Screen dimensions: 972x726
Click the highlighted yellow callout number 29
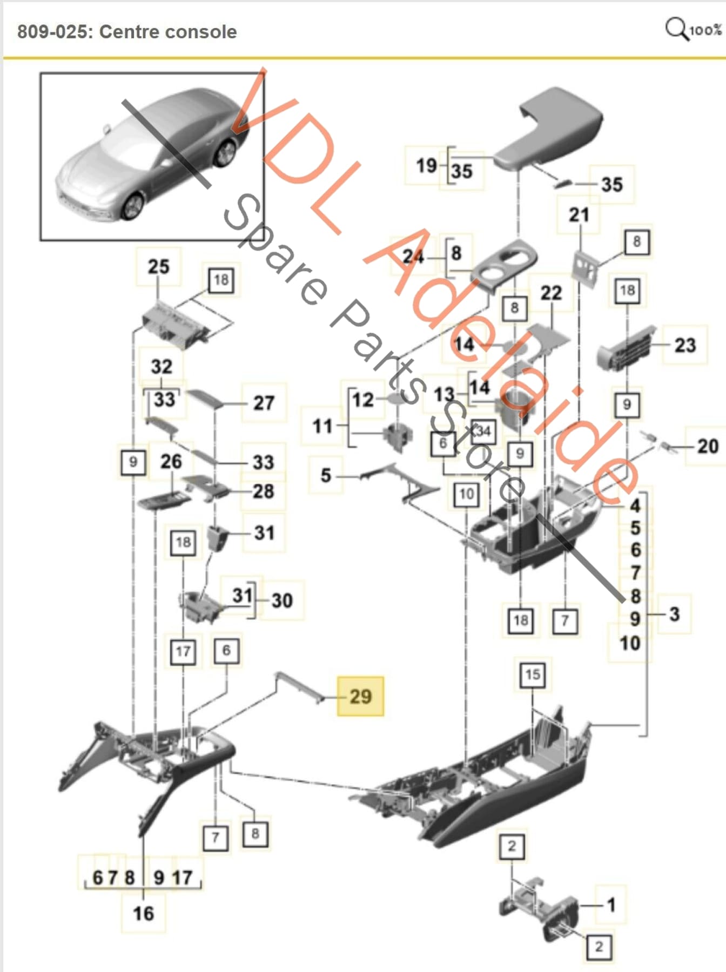click(360, 696)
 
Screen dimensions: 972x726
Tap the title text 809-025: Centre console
click(127, 32)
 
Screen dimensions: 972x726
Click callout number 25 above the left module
click(158, 267)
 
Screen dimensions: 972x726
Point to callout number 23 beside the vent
click(685, 345)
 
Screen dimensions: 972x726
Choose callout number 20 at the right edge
click(707, 446)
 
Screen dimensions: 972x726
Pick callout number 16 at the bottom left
click(143, 913)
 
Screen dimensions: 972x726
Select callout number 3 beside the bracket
click(674, 614)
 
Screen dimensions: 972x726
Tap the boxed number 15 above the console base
click(532, 674)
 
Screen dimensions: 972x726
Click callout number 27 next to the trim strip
click(264, 403)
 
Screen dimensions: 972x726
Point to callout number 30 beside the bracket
click(281, 600)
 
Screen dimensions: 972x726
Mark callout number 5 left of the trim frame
click(325, 475)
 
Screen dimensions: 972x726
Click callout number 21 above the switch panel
click(579, 215)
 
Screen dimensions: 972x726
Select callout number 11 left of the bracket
click(322, 426)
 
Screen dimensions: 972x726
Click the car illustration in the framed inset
click(151, 157)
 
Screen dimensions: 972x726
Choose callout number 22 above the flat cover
click(551, 293)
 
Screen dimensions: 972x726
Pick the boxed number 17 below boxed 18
click(183, 652)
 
